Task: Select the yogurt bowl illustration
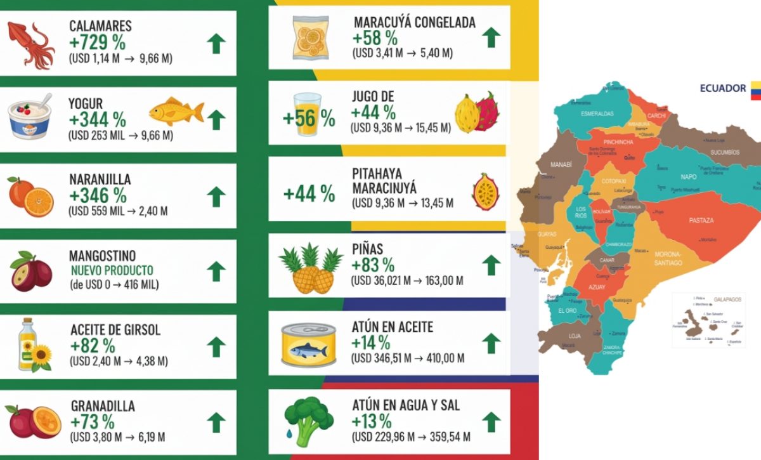(30, 116)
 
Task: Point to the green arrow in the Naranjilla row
(216, 196)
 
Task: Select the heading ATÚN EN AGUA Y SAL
(405, 405)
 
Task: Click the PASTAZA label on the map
(701, 220)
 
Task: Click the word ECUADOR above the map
(722, 88)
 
